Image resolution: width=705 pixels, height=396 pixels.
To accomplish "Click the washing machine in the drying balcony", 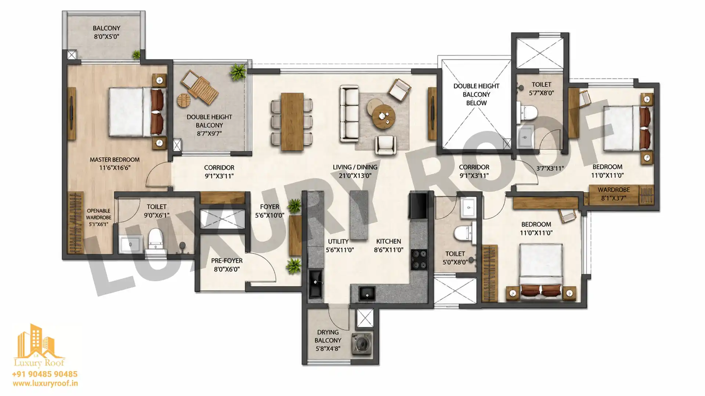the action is (x=362, y=344).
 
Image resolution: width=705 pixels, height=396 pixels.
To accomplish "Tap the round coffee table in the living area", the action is (x=384, y=117).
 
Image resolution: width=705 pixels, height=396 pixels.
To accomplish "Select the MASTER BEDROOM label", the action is (x=115, y=160).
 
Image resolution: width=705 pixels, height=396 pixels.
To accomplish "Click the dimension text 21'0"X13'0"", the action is (x=355, y=176).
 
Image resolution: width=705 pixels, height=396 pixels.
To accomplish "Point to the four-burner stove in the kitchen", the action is (x=419, y=260).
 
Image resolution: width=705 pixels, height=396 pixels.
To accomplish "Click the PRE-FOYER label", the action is (x=227, y=261).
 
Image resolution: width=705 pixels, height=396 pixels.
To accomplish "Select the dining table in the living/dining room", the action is (x=292, y=122).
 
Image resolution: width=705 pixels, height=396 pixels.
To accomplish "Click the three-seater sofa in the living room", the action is (x=349, y=113).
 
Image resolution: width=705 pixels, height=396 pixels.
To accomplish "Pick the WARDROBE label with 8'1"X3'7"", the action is (x=614, y=190).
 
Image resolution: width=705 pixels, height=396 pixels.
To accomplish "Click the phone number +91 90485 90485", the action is (x=45, y=374).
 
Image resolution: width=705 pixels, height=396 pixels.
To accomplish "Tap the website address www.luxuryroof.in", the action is (x=45, y=384).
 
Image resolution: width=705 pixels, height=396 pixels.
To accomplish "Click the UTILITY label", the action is (x=338, y=241).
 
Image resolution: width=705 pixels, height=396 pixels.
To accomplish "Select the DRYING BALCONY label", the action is (x=328, y=336).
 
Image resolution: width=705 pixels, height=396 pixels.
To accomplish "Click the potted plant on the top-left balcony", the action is (x=136, y=55).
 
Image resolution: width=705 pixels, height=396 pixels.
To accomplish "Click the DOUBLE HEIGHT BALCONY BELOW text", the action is (x=476, y=94).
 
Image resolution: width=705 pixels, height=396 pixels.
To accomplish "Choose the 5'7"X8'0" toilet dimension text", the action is (x=541, y=93).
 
